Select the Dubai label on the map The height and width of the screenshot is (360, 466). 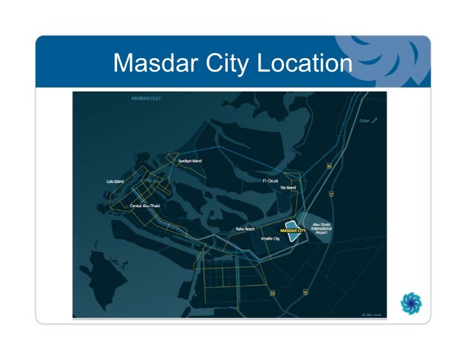pyautogui.click(x=365, y=120)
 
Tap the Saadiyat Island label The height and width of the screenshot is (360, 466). pyautogui.click(x=190, y=160)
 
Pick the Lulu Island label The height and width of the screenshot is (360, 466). pyautogui.click(x=115, y=181)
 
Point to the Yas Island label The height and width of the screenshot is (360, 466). pyautogui.click(x=287, y=188)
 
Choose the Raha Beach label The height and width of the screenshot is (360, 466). pyautogui.click(x=246, y=228)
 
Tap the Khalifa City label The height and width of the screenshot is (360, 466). pyautogui.click(x=271, y=238)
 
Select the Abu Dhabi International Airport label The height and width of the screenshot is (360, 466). pyautogui.click(x=321, y=229)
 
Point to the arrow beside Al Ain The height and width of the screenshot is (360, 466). pyautogui.click(x=378, y=315)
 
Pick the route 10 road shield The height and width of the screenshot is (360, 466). pyautogui.click(x=329, y=166)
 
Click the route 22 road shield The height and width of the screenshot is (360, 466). pyautogui.click(x=272, y=294)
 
